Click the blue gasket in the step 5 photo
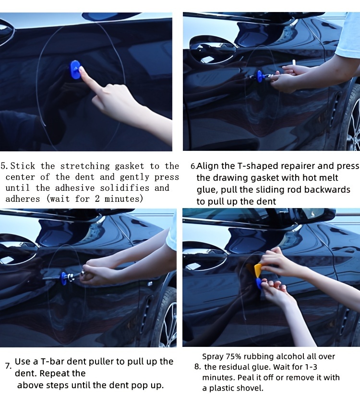[75, 69]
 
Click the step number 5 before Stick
[4, 166]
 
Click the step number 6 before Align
[193, 167]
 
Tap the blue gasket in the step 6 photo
[260, 76]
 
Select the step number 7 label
[8, 366]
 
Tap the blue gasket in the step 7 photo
[63, 278]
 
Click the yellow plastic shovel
[258, 270]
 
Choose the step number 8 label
[197, 367]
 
